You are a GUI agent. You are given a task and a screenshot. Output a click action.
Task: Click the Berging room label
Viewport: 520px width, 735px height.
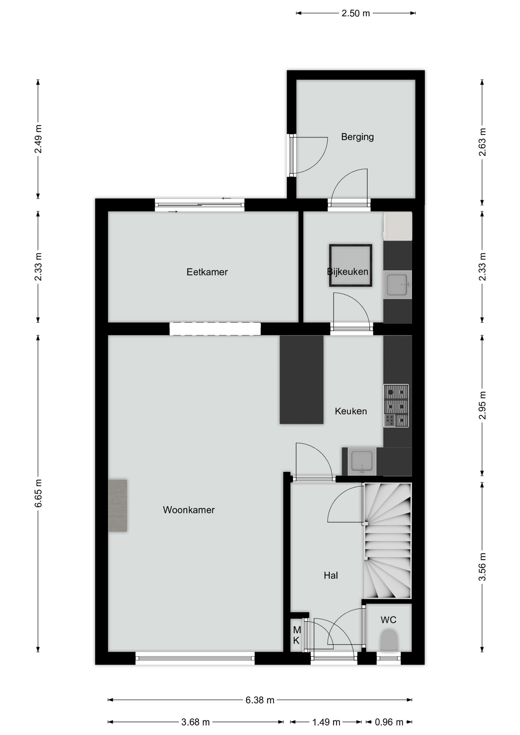[357, 137]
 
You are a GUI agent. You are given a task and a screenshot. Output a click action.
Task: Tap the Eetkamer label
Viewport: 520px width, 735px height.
[207, 272]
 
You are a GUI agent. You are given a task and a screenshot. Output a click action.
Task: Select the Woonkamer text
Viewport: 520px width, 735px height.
[189, 510]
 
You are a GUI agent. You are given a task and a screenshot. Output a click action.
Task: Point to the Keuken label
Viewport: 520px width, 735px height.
[351, 411]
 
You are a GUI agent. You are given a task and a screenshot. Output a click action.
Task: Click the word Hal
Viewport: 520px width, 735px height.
[331, 575]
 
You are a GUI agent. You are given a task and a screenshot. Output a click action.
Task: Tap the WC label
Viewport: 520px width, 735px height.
[388, 620]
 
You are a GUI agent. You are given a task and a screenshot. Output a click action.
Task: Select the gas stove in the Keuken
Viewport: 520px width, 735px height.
[396, 406]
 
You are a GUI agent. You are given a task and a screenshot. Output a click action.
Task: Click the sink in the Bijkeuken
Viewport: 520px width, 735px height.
[397, 285]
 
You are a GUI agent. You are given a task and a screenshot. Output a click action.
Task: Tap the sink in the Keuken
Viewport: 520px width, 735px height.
[362, 462]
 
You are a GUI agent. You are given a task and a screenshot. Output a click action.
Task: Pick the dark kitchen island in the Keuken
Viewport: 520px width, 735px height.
[301, 380]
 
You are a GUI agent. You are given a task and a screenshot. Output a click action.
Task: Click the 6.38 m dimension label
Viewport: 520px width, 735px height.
[260, 700]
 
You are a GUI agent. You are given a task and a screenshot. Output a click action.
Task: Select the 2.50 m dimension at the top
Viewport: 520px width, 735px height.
[356, 13]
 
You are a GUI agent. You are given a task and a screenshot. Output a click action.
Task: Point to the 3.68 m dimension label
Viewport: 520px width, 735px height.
[195, 722]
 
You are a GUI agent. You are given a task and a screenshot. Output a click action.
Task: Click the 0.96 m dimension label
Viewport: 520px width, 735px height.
[389, 722]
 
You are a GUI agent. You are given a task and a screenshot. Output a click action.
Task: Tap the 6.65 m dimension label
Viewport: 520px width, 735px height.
[38, 493]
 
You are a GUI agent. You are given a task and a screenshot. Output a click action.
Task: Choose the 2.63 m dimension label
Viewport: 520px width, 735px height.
[482, 142]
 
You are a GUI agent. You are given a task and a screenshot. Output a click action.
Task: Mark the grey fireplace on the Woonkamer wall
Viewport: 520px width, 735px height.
[118, 506]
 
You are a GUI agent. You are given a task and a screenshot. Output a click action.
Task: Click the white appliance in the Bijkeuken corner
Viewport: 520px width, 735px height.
[398, 226]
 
